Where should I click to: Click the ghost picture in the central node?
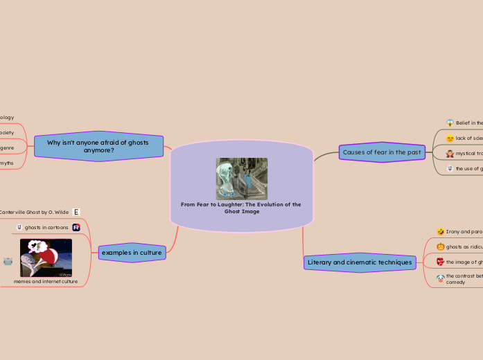[241, 178]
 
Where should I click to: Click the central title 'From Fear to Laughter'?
[241, 208]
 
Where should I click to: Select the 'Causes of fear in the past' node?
[382, 152]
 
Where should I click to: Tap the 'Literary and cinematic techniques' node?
[360, 262]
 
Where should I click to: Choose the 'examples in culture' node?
[132, 253]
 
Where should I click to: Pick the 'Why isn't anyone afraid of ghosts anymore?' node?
[99, 146]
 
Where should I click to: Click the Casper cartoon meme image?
[46, 258]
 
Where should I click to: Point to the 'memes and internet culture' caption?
[46, 281]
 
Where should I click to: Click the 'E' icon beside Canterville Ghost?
[76, 212]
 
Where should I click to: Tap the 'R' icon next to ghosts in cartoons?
[76, 227]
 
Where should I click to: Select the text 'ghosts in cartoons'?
[46, 227]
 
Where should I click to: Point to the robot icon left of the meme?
[8, 261]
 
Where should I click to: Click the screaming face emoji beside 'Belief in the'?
[450, 123]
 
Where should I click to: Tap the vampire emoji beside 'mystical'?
[450, 153]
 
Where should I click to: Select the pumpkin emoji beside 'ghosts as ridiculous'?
[440, 246]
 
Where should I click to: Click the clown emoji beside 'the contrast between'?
[440, 278]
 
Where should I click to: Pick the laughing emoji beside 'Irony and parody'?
[440, 231]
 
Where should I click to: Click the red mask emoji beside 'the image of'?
[440, 262]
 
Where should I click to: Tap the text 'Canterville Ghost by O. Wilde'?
[33, 212]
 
